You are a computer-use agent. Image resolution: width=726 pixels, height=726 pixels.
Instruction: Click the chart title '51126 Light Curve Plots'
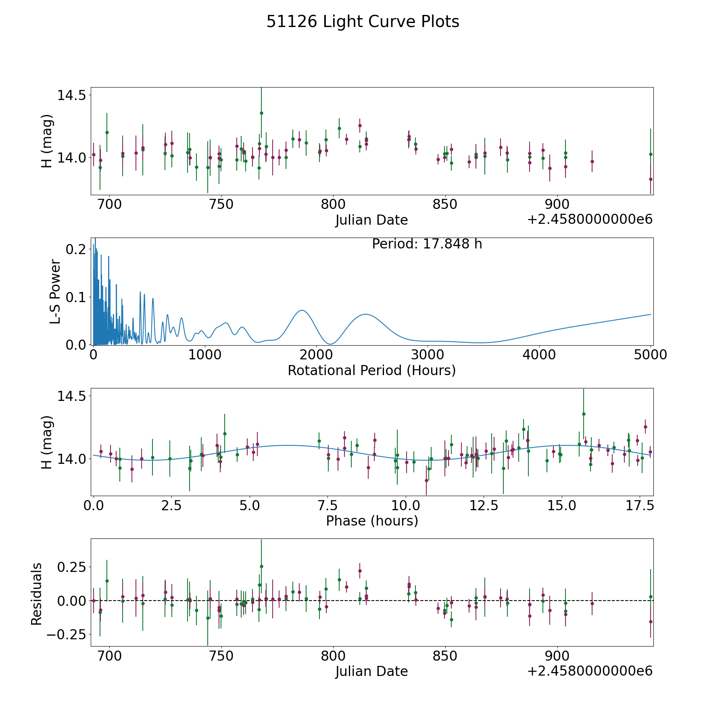363,22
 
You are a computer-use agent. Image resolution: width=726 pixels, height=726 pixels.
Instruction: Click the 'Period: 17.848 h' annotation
427,244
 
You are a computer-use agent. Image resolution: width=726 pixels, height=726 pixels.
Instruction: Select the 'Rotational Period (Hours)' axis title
371,370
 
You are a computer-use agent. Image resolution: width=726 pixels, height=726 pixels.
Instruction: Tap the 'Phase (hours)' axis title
372,521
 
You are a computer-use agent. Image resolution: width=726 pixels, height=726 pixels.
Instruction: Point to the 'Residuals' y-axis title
37,594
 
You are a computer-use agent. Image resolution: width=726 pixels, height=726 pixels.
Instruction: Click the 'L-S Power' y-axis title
55,292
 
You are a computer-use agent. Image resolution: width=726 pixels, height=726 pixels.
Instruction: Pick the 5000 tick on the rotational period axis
651,355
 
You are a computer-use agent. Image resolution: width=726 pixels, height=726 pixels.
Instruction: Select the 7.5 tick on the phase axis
328,505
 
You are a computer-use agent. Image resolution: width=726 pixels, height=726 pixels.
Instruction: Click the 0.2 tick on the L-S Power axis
76,249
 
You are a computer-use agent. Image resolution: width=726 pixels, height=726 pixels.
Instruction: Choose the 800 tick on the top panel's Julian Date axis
333,204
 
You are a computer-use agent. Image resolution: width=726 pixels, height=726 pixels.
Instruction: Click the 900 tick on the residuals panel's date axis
557,655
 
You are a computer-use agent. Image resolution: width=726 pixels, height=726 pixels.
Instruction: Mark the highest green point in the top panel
261,113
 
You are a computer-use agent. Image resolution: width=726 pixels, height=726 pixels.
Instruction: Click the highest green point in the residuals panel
261,566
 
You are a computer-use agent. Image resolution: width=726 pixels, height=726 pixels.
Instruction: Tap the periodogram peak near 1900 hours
302,310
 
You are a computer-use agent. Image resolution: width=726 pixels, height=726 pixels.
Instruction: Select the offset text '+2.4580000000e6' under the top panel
590,219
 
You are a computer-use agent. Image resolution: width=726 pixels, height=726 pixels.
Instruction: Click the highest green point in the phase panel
584,414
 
